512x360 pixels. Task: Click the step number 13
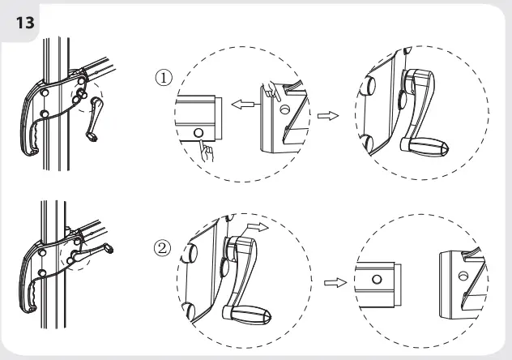click(x=25, y=21)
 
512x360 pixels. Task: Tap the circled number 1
click(x=164, y=78)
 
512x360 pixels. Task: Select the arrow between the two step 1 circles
click(x=327, y=116)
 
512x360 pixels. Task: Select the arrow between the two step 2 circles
click(x=332, y=283)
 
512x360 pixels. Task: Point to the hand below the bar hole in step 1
click(x=209, y=150)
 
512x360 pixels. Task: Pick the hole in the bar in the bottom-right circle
click(x=377, y=279)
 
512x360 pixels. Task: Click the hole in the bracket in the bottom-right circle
click(x=464, y=275)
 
